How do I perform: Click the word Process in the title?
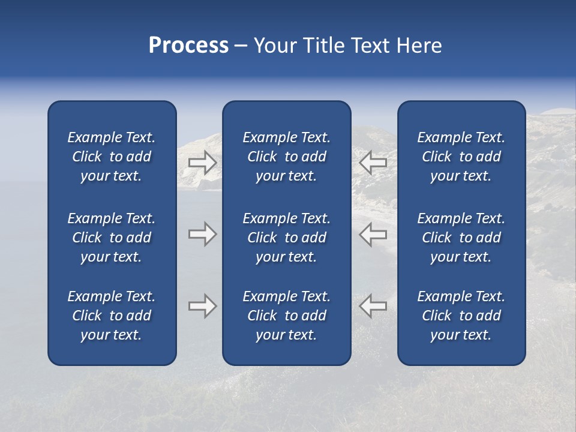click(188, 46)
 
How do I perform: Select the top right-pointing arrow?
click(202, 163)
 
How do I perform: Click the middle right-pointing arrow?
click(202, 234)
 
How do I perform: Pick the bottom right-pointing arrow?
click(202, 306)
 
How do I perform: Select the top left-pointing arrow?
click(373, 162)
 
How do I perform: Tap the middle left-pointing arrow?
click(373, 234)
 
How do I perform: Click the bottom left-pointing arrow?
click(373, 306)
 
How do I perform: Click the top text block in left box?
click(112, 157)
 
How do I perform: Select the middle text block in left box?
click(112, 238)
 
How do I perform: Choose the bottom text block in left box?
click(112, 316)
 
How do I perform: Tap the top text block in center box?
click(287, 157)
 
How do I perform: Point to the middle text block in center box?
click(287, 238)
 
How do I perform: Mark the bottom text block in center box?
click(287, 316)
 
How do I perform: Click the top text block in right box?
click(461, 157)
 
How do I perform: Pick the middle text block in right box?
click(461, 238)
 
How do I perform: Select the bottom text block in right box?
click(461, 316)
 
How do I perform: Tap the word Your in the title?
click(275, 46)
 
